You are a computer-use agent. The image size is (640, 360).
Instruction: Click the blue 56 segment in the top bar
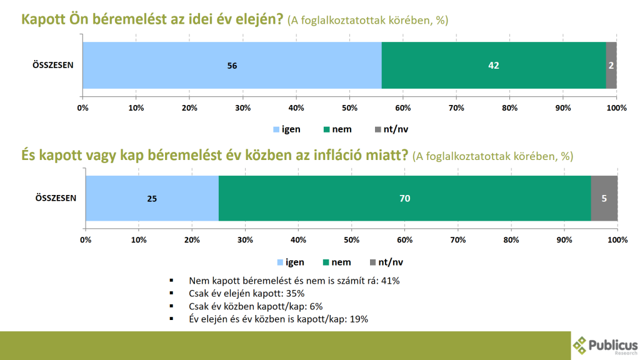[x=232, y=65]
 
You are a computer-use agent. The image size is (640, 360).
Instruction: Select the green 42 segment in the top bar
[x=494, y=65]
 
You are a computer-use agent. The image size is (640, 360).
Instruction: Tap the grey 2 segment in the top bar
[x=611, y=65]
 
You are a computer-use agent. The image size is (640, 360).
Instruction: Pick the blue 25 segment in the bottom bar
[x=152, y=198]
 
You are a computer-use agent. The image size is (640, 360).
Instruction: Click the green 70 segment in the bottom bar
[x=404, y=198]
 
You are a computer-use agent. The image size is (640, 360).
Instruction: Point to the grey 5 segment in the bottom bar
[x=604, y=198]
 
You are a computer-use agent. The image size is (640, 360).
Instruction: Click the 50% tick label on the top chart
[x=350, y=108]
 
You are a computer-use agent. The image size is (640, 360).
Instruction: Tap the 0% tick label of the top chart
[x=82, y=108]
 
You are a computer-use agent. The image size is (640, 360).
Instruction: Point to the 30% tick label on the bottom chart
[x=246, y=240]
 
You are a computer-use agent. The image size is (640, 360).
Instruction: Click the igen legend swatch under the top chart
[x=276, y=129]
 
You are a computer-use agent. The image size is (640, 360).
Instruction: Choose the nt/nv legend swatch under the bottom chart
[x=374, y=262]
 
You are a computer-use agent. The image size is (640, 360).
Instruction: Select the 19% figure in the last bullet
[x=359, y=319]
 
